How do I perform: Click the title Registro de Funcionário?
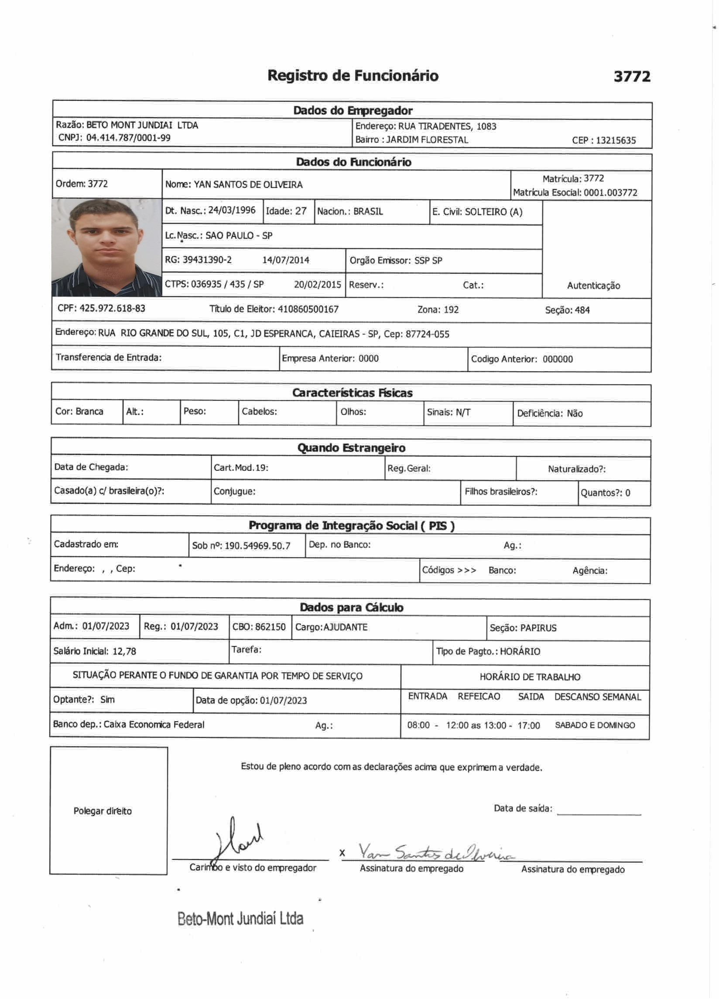point(353,75)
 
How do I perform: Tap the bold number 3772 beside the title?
point(632,77)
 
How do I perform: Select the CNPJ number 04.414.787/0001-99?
point(128,138)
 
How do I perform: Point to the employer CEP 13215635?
point(616,140)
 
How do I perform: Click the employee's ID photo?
point(106,247)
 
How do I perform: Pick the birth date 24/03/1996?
point(232,210)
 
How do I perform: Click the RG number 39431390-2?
point(207,260)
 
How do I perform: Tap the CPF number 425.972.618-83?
point(113,308)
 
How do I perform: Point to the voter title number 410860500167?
point(308,309)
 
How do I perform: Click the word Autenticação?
point(593,285)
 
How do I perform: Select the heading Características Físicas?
point(352,393)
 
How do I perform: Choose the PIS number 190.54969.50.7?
point(257,546)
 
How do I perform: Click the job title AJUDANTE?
point(346,627)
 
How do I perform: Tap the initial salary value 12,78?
point(124,651)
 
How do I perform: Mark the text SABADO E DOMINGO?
point(595,725)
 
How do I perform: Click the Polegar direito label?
point(103,811)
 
